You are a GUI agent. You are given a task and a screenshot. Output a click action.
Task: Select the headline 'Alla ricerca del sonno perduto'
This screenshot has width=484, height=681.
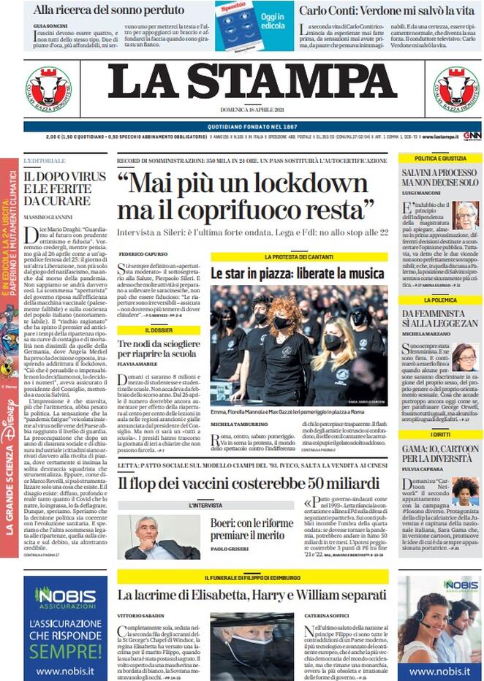tap(109, 10)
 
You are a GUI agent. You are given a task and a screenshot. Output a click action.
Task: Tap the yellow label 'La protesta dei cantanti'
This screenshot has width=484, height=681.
tap(299, 257)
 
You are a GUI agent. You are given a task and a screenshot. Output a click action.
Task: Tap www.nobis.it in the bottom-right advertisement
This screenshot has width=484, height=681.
tap(439, 671)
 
